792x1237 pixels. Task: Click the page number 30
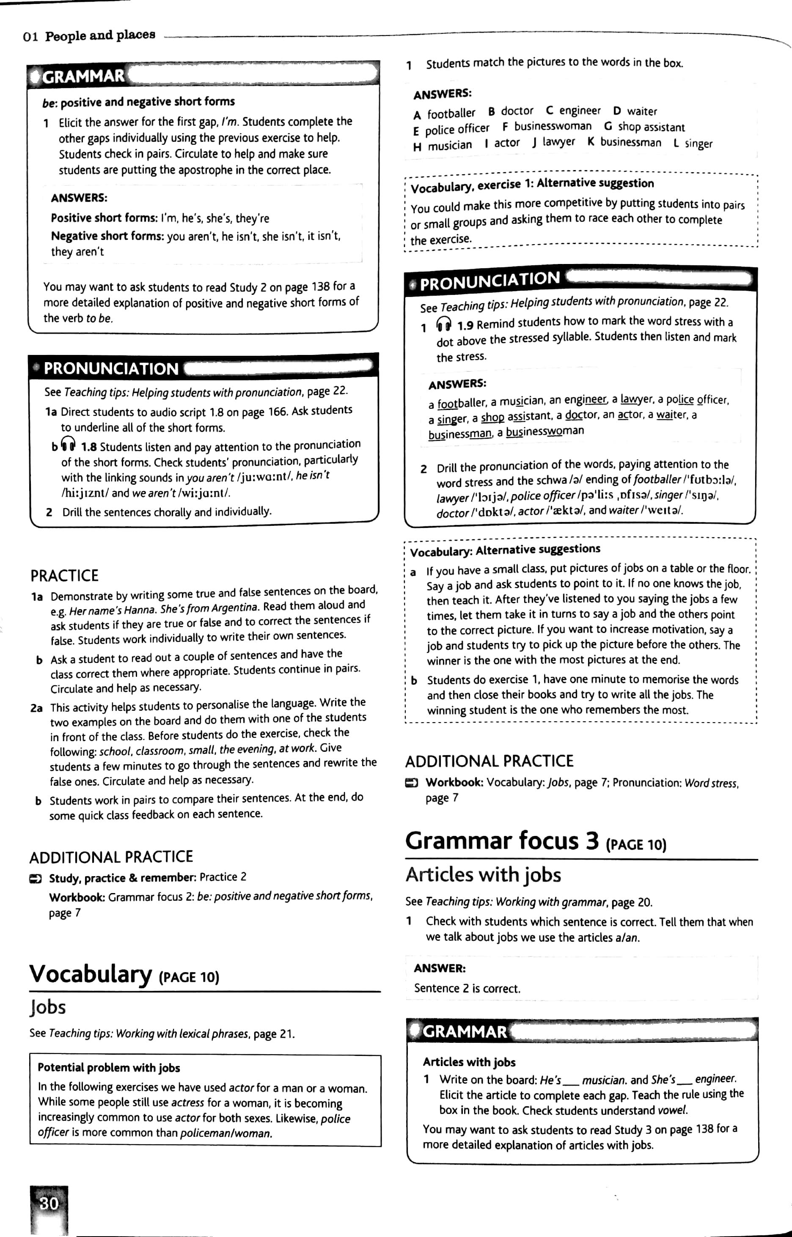coord(49,1203)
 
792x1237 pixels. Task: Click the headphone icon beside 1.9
coord(443,324)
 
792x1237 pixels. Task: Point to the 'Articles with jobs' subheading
coord(482,874)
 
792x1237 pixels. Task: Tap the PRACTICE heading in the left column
coord(64,575)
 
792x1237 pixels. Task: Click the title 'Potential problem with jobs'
coord(108,1068)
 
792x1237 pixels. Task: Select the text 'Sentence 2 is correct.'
coord(467,988)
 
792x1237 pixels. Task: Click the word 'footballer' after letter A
coord(451,113)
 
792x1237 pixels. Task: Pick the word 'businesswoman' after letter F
coord(553,126)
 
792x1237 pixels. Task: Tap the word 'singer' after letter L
coord(698,143)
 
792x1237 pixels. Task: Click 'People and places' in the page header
coord(100,36)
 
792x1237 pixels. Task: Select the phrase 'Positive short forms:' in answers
coord(104,218)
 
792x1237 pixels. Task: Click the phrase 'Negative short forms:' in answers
coord(107,236)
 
